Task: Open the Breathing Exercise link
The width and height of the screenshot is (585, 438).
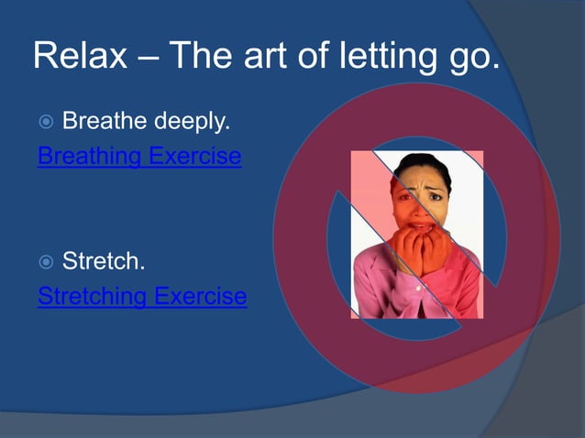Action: [x=138, y=157]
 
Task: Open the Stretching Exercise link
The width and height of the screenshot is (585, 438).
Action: [x=141, y=297]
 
